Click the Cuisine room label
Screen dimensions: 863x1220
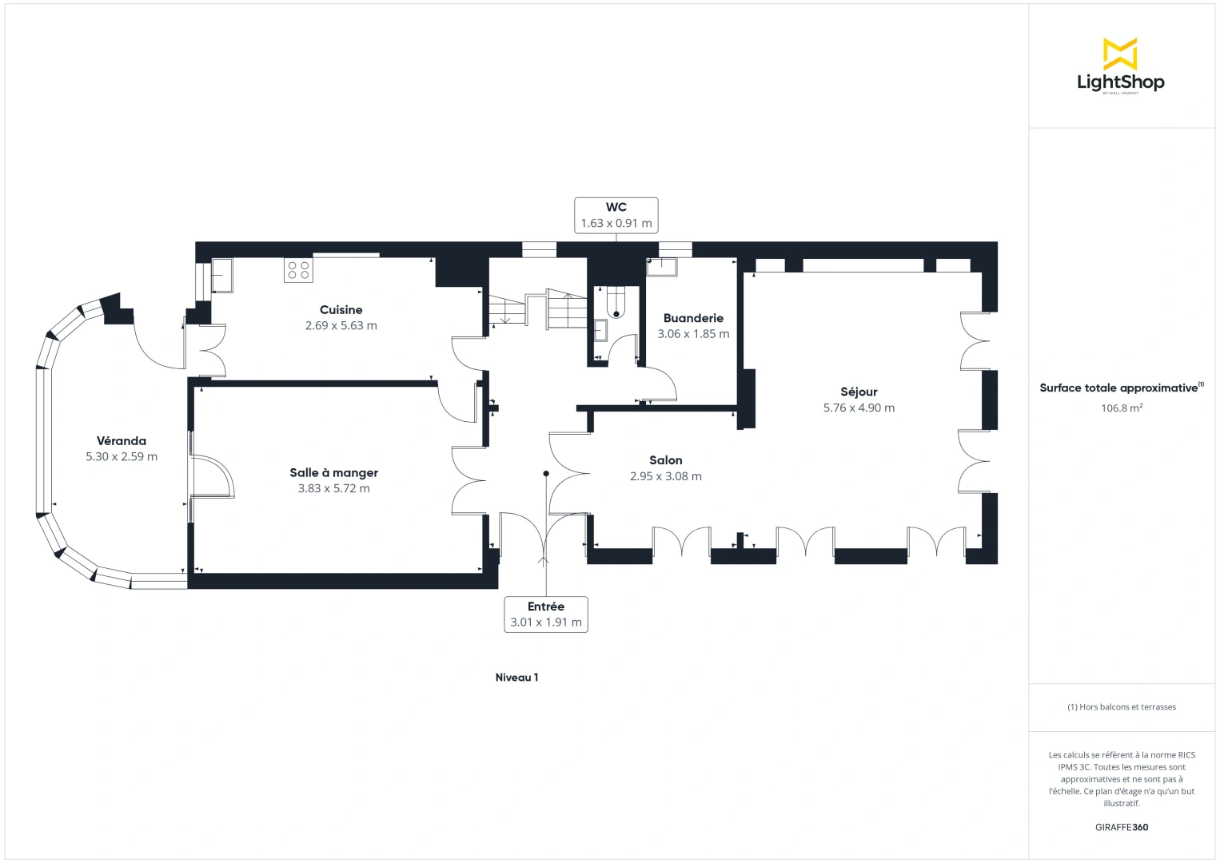coord(341,310)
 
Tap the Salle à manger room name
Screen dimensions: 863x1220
coord(333,473)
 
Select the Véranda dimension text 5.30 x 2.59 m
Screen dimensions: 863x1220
coord(122,457)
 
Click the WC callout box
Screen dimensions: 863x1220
coord(616,215)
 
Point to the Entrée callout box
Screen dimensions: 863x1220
coord(545,614)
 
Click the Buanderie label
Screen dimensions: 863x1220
coord(693,318)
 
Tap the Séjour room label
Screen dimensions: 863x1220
coord(859,392)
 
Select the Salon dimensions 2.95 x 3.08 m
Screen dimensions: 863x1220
coord(665,476)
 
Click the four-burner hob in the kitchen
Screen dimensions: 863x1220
coord(298,270)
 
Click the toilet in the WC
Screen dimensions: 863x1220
coord(616,302)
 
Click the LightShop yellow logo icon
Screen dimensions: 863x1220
coord(1120,54)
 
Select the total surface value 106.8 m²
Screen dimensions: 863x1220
coord(1121,408)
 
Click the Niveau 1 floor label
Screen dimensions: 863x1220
coord(516,678)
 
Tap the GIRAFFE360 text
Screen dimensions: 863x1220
coord(1121,827)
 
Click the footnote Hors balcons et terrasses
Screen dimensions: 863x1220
coord(1121,707)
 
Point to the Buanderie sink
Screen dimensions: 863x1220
coord(661,266)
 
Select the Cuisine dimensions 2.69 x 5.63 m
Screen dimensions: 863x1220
coord(341,326)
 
